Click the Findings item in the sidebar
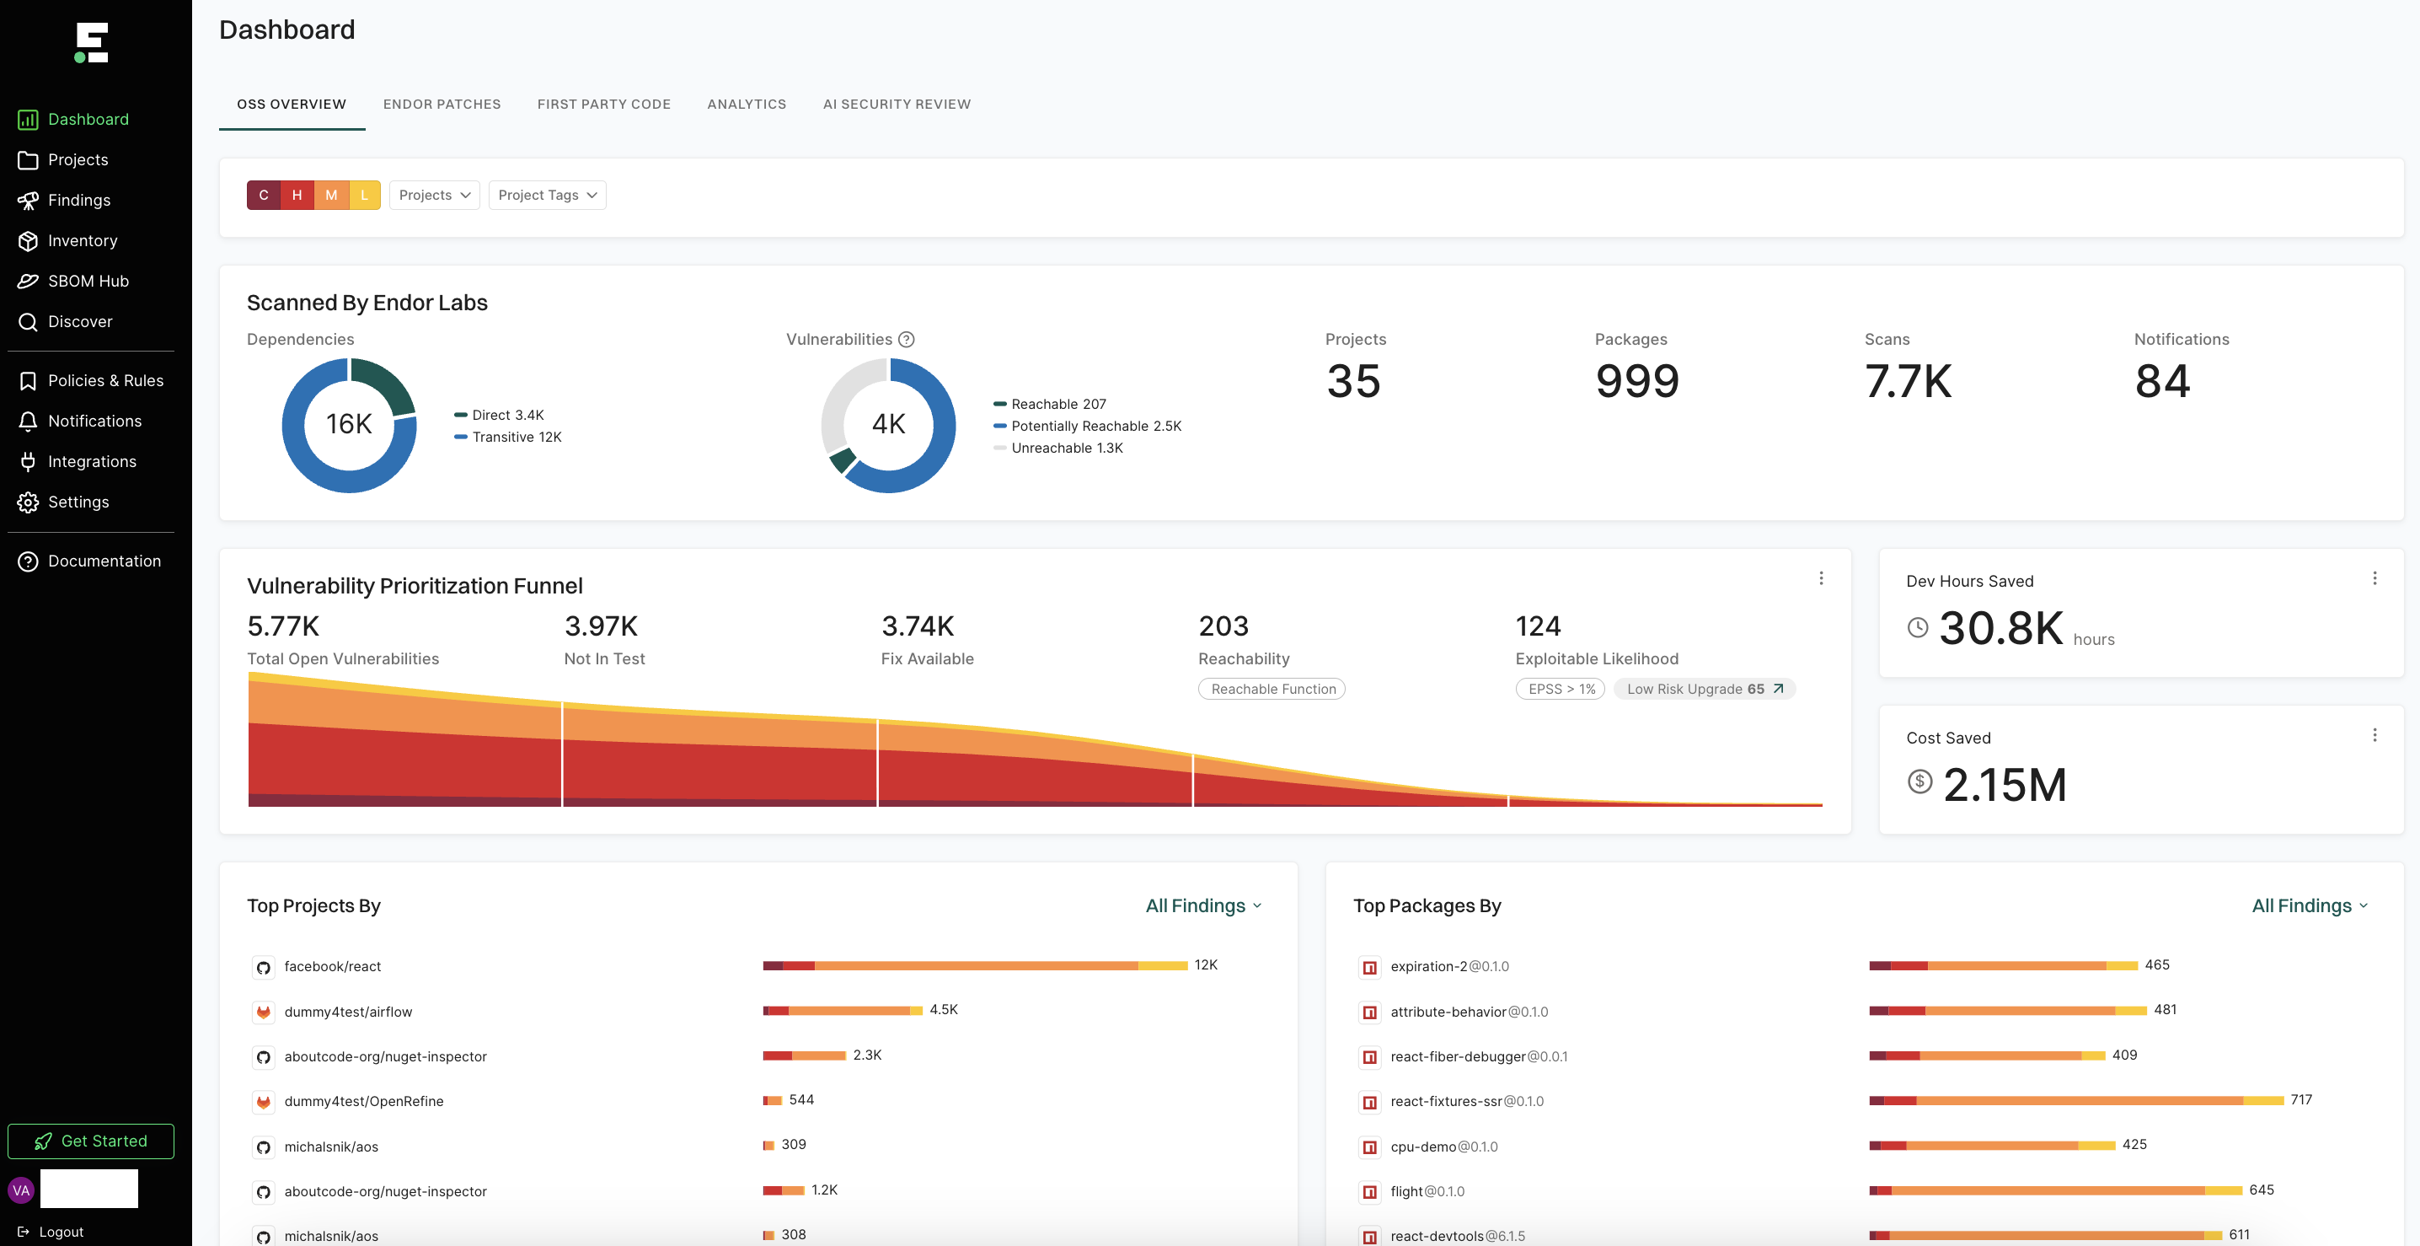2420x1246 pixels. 79,200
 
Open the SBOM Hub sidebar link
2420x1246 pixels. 88,281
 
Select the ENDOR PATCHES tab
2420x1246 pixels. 442,105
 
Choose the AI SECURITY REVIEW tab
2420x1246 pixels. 897,105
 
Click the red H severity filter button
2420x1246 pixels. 297,196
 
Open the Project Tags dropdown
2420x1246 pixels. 547,196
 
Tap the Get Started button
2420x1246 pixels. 91,1141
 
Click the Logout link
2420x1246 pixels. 61,1232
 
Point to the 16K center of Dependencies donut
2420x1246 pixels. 350,425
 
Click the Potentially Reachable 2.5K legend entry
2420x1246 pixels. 1095,427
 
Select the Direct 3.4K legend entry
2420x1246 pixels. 507,416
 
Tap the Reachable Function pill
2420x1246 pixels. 1272,689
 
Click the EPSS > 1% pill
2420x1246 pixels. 1561,689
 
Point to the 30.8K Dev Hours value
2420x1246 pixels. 2000,629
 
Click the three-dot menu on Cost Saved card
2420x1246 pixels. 2374,735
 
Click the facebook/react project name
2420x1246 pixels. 333,966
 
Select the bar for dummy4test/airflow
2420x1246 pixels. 842,1011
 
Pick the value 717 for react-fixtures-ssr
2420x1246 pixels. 2300,1099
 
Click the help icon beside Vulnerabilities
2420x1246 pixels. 907,339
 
